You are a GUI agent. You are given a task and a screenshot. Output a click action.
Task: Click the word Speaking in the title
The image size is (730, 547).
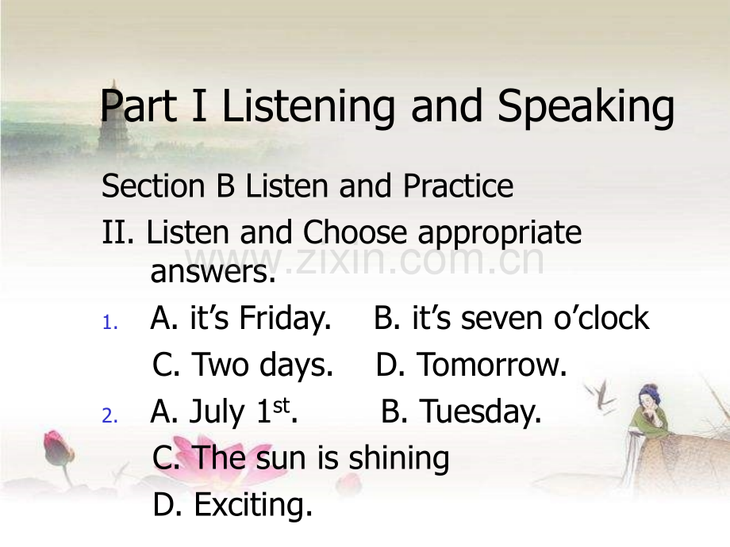[586, 109]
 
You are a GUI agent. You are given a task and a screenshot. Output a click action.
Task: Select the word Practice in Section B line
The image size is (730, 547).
[458, 186]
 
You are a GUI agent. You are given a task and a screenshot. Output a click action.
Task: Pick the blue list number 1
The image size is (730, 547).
[109, 323]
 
